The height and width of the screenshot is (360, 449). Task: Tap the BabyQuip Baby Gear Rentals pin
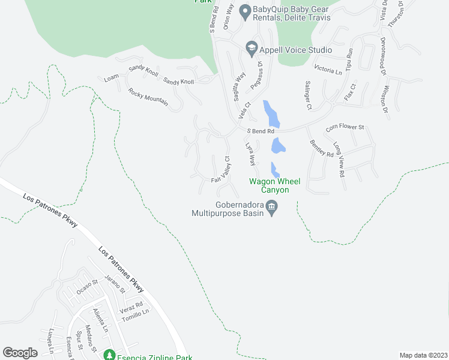[244, 10]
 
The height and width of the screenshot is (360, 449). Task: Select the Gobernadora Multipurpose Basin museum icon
[271, 208]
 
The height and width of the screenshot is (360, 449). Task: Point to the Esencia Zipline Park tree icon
[109, 355]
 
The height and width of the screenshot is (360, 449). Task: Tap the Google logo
[20, 353]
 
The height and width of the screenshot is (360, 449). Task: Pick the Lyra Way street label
[250, 154]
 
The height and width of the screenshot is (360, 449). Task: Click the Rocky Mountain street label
[148, 97]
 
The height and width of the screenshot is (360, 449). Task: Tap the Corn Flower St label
[345, 127]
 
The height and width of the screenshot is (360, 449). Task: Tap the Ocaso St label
[87, 286]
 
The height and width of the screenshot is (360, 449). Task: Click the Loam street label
[112, 79]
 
